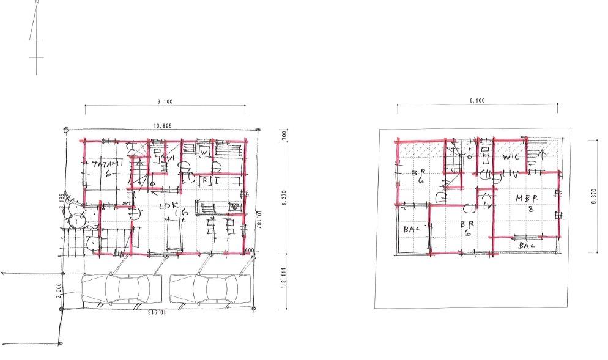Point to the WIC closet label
tap(511, 158)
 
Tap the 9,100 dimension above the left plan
tap(165, 101)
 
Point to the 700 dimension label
tap(284, 135)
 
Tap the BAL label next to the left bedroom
tap(411, 229)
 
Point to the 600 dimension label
tap(250, 250)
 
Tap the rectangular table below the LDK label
tap(174, 233)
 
